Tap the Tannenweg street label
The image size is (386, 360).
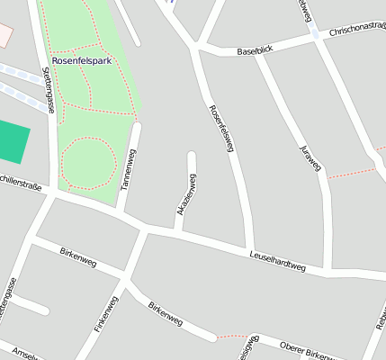click(128, 169)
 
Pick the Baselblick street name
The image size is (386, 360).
click(255, 50)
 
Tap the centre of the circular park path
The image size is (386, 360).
click(88, 163)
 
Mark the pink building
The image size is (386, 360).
click(5, 35)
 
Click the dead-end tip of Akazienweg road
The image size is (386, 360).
click(192, 155)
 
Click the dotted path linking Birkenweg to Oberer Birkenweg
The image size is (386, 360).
click(232, 336)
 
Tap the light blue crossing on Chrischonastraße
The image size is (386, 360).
click(314, 33)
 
